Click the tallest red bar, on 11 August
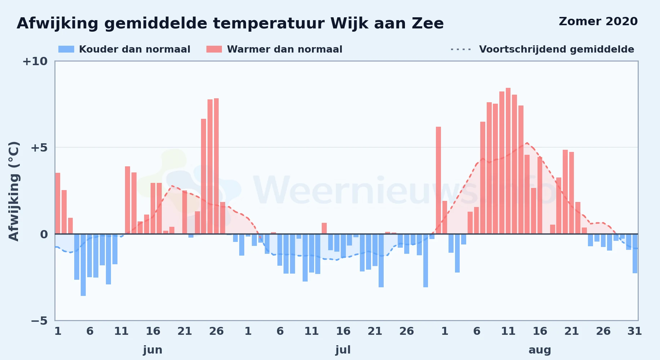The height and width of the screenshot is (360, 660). click(508, 161)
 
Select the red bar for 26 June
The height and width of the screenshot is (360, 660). click(216, 166)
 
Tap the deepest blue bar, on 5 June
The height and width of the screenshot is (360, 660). click(83, 265)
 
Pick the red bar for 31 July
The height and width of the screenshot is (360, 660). click(438, 180)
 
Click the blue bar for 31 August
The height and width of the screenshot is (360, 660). click(635, 253)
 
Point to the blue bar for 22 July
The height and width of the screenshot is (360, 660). click(381, 261)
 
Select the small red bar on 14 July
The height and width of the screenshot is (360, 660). click(324, 229)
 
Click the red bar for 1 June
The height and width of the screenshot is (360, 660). click(58, 203)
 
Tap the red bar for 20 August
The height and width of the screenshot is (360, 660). click(565, 192)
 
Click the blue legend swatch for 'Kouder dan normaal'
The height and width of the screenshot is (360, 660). click(66, 49)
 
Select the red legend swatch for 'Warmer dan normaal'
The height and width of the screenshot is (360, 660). click(214, 49)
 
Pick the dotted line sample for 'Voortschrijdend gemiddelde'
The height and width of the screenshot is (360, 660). click(461, 49)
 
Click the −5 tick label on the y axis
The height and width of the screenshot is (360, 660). click(39, 320)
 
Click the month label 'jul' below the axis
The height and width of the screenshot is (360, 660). click(343, 350)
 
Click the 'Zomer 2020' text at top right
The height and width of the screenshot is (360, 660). click(598, 22)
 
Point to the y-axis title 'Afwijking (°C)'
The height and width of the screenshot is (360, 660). click(14, 191)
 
